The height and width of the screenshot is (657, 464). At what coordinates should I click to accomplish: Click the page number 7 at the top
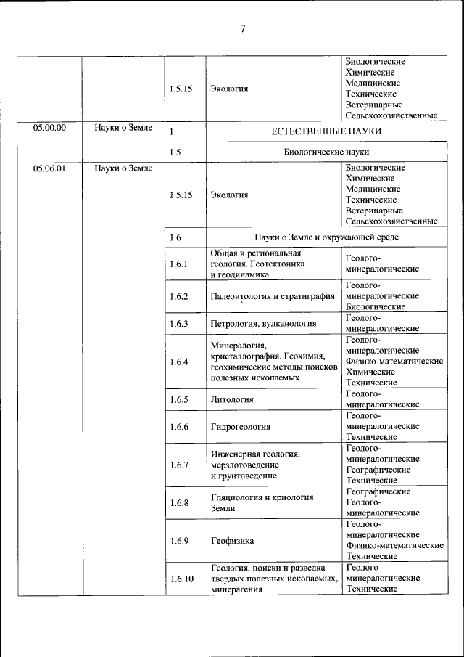pyautogui.click(x=243, y=29)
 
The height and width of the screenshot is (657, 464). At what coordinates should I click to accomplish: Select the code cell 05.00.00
pyautogui.click(x=49, y=128)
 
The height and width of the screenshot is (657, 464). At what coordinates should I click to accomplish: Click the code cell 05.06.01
pyautogui.click(x=49, y=168)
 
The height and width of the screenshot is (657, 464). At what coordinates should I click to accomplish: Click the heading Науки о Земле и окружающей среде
pyautogui.click(x=326, y=237)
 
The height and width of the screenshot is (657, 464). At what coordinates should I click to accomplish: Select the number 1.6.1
pyautogui.click(x=178, y=264)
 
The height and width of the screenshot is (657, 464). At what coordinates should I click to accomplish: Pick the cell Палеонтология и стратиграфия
pyautogui.click(x=272, y=296)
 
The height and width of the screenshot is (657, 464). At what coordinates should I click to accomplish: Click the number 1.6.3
pyautogui.click(x=178, y=323)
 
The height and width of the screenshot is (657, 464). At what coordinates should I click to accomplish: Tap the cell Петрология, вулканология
pyautogui.click(x=263, y=323)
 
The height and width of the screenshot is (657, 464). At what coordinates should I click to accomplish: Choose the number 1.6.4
pyautogui.click(x=178, y=361)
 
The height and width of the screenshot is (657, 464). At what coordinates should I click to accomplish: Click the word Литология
pyautogui.click(x=231, y=399)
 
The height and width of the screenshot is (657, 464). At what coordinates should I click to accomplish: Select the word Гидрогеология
pyautogui.click(x=240, y=427)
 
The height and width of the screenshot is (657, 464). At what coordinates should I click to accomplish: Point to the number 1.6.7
pyautogui.click(x=178, y=465)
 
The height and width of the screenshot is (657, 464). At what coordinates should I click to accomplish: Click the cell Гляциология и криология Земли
pyautogui.click(x=261, y=503)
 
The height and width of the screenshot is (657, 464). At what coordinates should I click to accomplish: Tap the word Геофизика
pyautogui.click(x=232, y=541)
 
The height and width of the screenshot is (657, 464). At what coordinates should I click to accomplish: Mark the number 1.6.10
pyautogui.click(x=181, y=579)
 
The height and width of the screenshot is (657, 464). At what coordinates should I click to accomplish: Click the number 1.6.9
pyautogui.click(x=178, y=541)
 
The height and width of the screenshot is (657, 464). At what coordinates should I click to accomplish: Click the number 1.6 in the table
pyautogui.click(x=175, y=237)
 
